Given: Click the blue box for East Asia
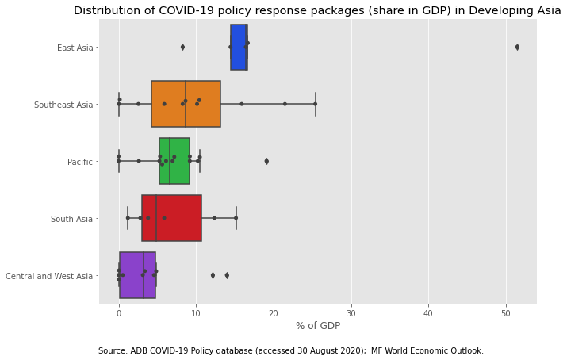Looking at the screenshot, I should click(x=239, y=48).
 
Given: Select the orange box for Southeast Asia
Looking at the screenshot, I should click(x=186, y=104).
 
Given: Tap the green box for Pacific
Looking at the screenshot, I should click(x=174, y=161).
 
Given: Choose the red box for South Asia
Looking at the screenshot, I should click(x=171, y=218).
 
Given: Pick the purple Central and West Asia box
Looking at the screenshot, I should click(x=137, y=275).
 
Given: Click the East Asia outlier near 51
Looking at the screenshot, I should click(x=517, y=48).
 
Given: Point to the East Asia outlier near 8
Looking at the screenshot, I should click(x=182, y=48).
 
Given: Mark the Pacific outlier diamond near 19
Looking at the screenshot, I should click(x=266, y=161).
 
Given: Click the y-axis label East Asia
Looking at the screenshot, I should click(x=75, y=48).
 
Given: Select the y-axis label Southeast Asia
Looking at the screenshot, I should click(x=64, y=105).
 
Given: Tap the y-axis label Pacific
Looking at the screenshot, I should click(x=80, y=162).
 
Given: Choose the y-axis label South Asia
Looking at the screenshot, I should click(x=73, y=219).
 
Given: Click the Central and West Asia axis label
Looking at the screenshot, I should click(x=49, y=276).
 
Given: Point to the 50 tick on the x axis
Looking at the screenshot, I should click(x=506, y=313).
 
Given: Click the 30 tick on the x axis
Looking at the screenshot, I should click(x=351, y=313).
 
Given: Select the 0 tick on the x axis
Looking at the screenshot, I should click(x=119, y=313).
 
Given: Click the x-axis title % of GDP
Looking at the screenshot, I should click(x=317, y=326).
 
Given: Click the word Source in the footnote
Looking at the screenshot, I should click(x=112, y=350).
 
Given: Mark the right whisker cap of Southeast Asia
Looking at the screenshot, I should click(x=315, y=104).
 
